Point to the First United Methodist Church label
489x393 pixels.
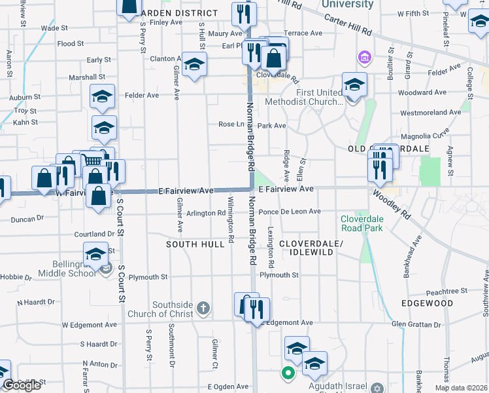tap(304, 97)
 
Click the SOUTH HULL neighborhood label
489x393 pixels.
tap(190, 244)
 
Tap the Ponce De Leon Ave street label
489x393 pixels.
tap(289, 212)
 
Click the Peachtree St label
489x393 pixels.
tap(446, 290)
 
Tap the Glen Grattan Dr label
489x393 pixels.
tap(417, 323)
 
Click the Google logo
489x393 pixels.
tap(21, 385)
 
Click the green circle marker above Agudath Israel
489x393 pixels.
tap(287, 373)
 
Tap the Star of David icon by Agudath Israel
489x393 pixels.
tap(377, 388)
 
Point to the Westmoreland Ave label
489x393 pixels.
tap(431, 113)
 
